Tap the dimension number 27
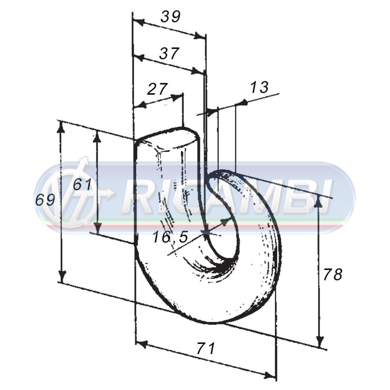point(156,89)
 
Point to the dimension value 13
point(259,87)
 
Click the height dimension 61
point(82,185)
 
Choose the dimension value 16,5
point(170,237)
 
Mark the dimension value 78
point(333,275)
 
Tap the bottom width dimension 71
point(206,348)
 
